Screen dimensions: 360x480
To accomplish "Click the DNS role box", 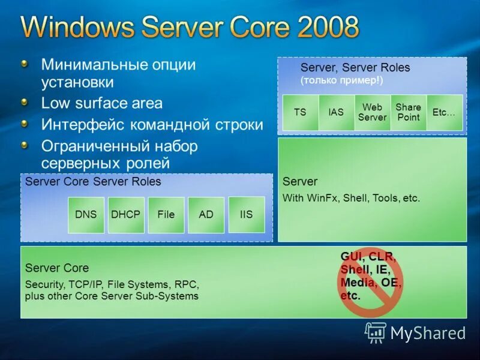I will pyautogui.click(x=86, y=215).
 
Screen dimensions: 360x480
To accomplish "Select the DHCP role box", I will pyautogui.click(x=126, y=215).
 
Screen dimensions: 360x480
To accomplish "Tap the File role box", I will pyautogui.click(x=166, y=215).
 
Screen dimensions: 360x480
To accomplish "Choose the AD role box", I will pyautogui.click(x=206, y=215).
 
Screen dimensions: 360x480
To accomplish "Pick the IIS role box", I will pyautogui.click(x=246, y=214).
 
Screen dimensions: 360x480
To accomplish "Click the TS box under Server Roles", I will pyautogui.click(x=300, y=112).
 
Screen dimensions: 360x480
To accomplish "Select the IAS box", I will pyautogui.click(x=336, y=112).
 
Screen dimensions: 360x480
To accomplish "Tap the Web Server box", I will pyautogui.click(x=372, y=112).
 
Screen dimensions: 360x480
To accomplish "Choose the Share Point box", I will pyautogui.click(x=408, y=112).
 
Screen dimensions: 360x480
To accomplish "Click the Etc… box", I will pyautogui.click(x=445, y=112).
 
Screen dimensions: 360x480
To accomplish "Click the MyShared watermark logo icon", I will pyautogui.click(x=376, y=332).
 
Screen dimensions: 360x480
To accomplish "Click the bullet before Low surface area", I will pyautogui.click(x=23, y=103).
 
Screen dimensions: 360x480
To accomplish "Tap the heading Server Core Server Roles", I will pyautogui.click(x=93, y=181).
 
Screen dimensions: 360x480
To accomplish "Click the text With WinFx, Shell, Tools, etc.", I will pyautogui.click(x=351, y=198).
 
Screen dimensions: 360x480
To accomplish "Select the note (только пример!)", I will pyautogui.click(x=341, y=80).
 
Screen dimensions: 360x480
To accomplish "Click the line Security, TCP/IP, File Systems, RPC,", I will pyautogui.click(x=112, y=284).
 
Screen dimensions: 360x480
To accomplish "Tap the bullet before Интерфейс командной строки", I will pyautogui.click(x=23, y=124).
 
